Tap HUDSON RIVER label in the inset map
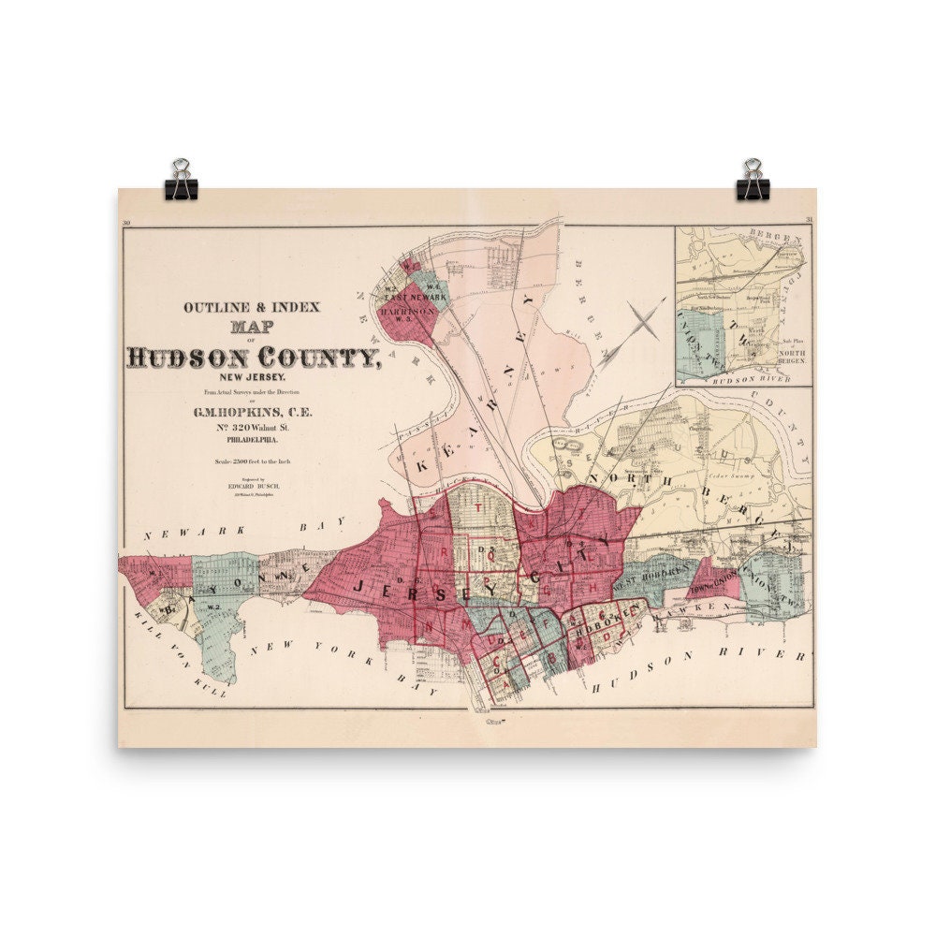tap(742, 380)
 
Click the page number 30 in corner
tap(125, 222)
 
